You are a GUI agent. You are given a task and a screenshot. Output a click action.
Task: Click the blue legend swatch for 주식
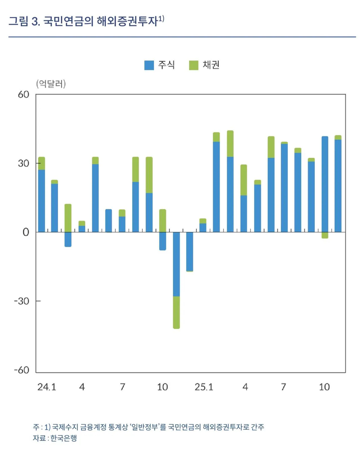149,65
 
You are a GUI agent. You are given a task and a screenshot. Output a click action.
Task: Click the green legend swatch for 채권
194,65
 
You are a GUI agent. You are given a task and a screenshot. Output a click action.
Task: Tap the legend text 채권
211,65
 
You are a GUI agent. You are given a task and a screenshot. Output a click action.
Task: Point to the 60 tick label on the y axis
24,94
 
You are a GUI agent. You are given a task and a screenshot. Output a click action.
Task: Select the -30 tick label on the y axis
21,301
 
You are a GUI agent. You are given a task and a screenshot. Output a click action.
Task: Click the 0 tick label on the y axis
26,232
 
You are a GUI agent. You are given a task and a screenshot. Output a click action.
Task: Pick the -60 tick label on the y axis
21,370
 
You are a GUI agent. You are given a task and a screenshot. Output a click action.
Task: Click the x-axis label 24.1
47,387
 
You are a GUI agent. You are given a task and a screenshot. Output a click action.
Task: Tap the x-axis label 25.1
204,387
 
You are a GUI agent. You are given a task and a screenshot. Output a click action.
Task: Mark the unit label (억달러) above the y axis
51,84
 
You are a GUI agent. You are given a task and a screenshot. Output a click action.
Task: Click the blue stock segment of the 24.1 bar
41,201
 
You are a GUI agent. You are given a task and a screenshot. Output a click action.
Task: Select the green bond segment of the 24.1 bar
41,163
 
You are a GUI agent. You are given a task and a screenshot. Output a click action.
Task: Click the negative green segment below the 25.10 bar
325,235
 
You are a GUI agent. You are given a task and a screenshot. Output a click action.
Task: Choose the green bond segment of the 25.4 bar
244,180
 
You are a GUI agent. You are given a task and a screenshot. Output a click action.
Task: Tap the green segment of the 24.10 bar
162,221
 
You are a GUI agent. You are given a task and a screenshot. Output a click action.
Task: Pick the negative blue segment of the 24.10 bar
162,241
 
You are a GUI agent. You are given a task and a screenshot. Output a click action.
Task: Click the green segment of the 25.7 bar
284,143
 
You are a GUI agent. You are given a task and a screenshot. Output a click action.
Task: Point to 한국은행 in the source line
64,438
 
